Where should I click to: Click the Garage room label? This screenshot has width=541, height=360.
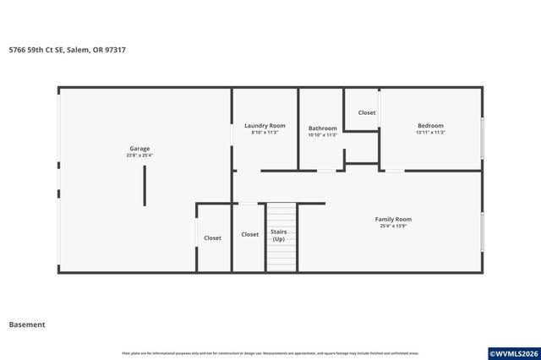139,149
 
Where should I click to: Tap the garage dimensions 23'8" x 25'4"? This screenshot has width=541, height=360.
139,155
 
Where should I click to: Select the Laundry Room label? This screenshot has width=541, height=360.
265,126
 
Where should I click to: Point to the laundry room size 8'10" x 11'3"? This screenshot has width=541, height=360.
265,133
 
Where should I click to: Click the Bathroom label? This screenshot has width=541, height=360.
322,128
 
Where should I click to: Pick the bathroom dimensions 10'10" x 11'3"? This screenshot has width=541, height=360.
322,135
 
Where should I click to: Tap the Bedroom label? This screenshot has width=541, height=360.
430,126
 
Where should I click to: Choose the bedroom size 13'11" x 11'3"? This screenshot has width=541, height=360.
430,133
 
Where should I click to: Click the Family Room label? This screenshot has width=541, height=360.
393,219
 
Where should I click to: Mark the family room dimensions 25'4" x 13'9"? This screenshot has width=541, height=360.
393,226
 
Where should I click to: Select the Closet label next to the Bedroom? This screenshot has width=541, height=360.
367,112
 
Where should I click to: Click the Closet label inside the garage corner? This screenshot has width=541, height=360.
212,238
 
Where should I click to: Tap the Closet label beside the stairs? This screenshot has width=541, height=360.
250,234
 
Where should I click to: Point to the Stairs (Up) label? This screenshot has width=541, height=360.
278,235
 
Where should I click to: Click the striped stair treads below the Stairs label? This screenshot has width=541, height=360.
281,258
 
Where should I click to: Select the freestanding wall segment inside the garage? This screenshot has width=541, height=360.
144,185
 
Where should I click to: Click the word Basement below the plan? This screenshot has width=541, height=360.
27,325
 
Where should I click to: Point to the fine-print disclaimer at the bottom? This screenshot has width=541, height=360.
270,353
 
